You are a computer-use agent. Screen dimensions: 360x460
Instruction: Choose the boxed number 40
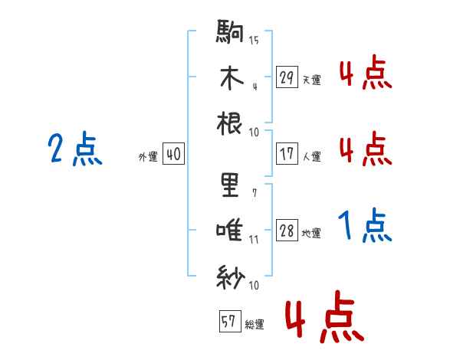click(173, 154)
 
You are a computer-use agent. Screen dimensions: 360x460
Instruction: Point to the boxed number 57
click(228, 322)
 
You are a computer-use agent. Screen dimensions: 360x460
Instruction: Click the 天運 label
click(311, 80)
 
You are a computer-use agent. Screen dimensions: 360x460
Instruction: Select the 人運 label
click(311, 156)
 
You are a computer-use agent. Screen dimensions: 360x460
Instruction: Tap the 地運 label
click(311, 234)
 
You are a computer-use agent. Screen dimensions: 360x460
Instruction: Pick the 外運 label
click(148, 156)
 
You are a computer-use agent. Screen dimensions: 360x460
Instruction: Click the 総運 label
click(254, 325)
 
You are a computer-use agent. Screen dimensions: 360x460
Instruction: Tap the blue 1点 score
click(365, 226)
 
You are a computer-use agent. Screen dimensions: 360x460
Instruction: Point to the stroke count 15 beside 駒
click(254, 40)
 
